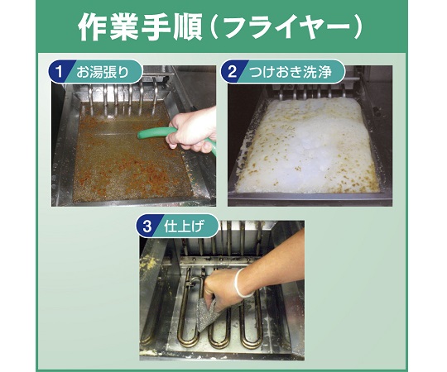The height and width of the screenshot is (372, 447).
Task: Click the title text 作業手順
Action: click(140, 27)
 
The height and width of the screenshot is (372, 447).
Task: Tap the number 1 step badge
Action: click(59, 71)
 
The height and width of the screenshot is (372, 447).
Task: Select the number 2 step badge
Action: click(232, 71)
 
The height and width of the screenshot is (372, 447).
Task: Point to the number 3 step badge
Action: click(147, 227)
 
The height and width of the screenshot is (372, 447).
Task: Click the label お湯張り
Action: click(103, 72)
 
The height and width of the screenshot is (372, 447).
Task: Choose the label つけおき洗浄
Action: click(291, 72)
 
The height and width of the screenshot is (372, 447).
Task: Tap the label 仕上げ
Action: click(185, 227)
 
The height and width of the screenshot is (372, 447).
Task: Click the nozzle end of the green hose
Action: click(140, 135)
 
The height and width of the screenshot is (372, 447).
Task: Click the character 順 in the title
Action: click(187, 27)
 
